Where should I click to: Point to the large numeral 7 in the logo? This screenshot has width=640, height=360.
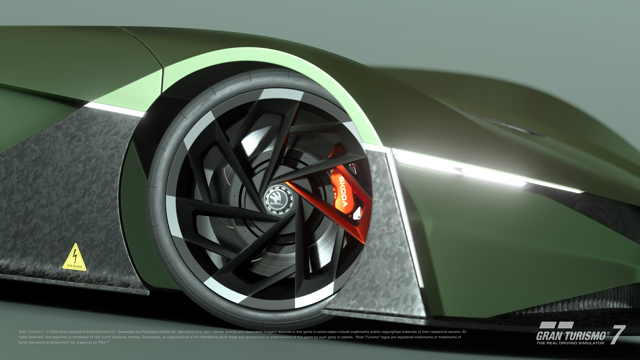tap(618, 335)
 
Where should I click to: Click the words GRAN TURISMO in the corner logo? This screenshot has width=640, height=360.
tap(570, 336)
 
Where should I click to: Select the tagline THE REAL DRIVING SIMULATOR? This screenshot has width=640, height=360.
tap(570, 343)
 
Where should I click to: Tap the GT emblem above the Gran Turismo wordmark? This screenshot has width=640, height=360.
tap(556, 325)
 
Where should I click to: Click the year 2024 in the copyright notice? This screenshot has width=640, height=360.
tap(54, 332)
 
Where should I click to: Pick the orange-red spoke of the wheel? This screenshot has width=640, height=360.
tap(320, 203)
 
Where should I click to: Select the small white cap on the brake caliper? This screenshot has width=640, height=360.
tap(357, 213)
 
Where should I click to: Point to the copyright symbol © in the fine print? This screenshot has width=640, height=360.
tap(47, 332)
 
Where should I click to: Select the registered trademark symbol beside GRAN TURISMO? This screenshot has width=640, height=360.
tap(608, 333)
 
